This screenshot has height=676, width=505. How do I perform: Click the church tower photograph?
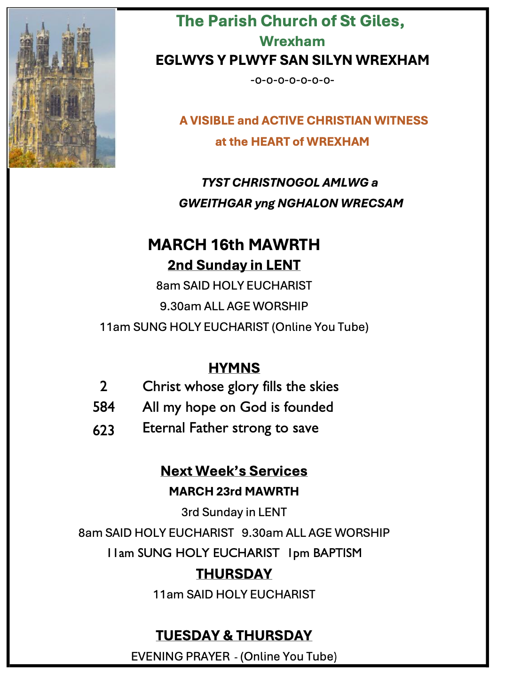(x=62, y=88)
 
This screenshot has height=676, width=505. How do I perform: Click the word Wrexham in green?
(x=292, y=41)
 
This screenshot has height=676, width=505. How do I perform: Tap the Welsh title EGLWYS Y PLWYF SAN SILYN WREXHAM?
(x=292, y=60)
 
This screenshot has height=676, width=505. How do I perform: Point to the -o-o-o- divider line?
(x=292, y=80)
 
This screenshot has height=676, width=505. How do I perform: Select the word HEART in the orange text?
(x=270, y=141)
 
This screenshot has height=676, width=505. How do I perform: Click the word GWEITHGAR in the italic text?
(x=215, y=203)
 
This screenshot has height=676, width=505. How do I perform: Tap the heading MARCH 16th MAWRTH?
(x=234, y=244)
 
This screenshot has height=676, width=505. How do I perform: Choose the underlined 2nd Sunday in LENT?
(x=234, y=265)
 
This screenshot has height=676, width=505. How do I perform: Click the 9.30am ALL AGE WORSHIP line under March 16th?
(x=234, y=306)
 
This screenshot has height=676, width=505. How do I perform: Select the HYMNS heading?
(x=234, y=368)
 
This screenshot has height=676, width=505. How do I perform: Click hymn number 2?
(x=103, y=386)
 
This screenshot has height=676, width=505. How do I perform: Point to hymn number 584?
(x=103, y=407)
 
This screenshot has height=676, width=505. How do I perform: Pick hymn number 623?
(x=103, y=430)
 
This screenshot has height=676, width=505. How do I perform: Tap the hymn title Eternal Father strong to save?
(x=230, y=428)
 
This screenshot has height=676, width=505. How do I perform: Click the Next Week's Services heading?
(x=234, y=471)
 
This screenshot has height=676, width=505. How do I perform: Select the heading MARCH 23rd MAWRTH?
(x=234, y=491)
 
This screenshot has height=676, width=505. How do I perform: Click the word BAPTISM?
(x=337, y=553)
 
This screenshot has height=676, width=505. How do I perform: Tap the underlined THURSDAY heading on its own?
(x=234, y=574)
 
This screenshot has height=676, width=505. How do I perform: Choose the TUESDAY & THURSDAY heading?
(x=234, y=636)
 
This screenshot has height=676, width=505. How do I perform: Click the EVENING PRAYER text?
(x=181, y=656)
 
